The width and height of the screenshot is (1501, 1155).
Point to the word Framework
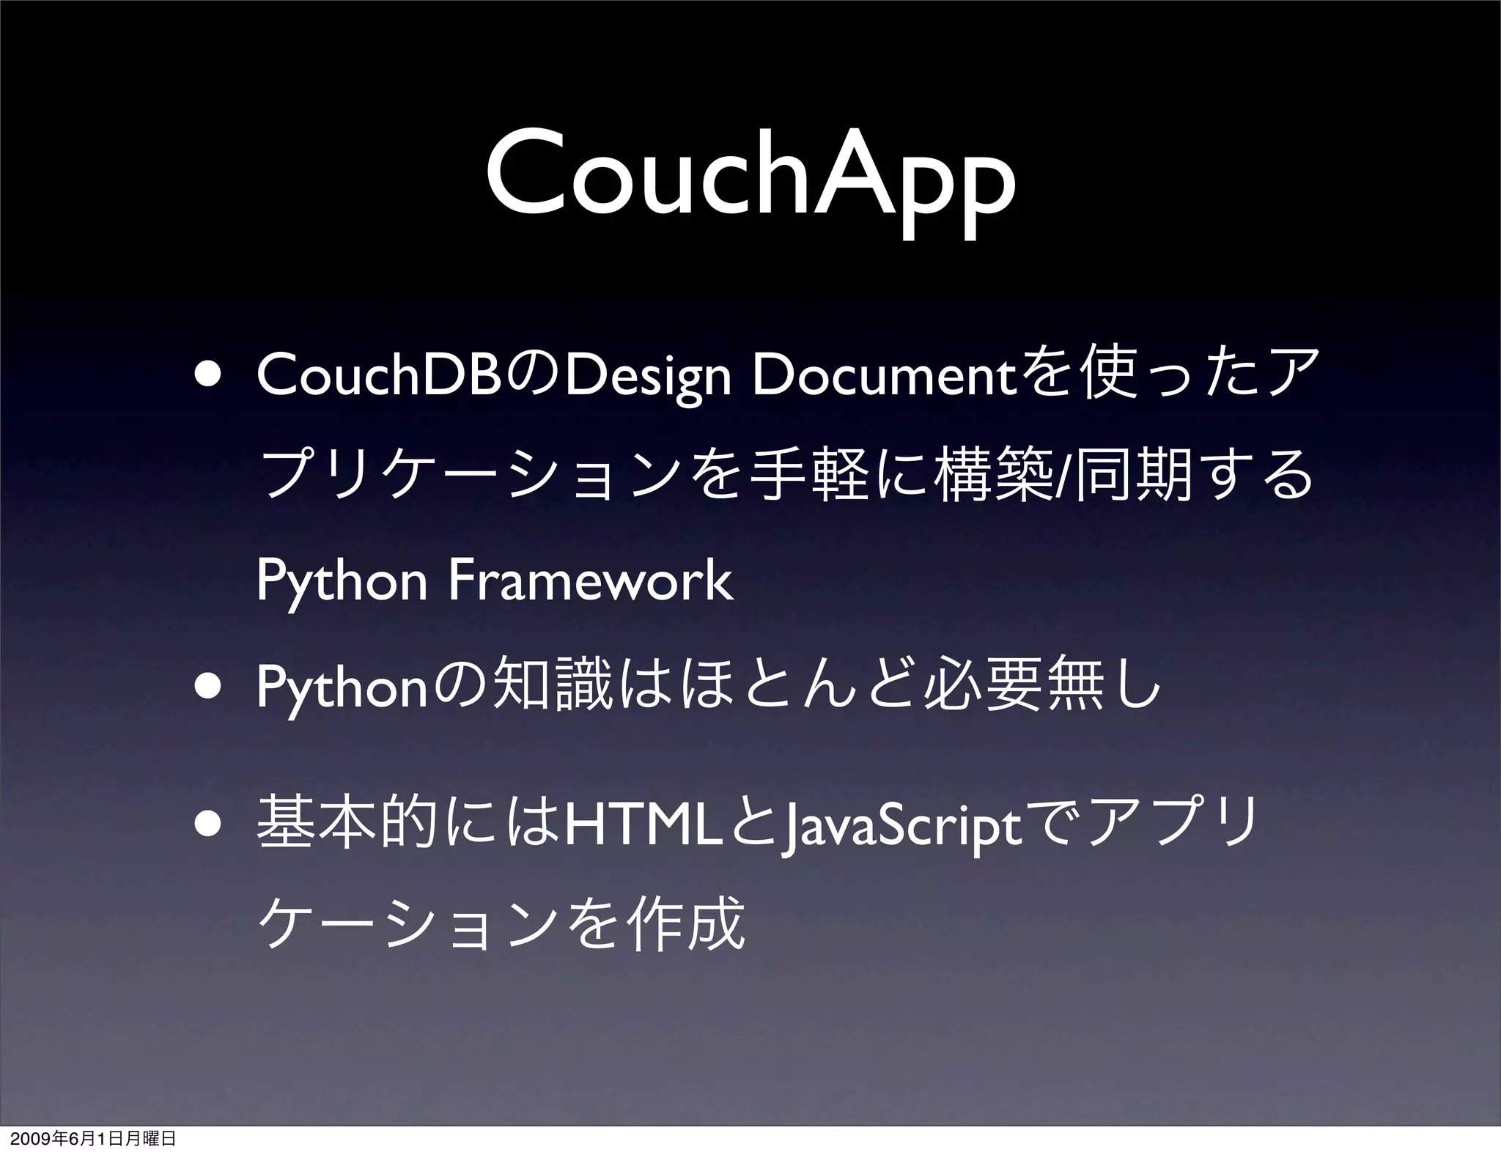pos(590,580)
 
